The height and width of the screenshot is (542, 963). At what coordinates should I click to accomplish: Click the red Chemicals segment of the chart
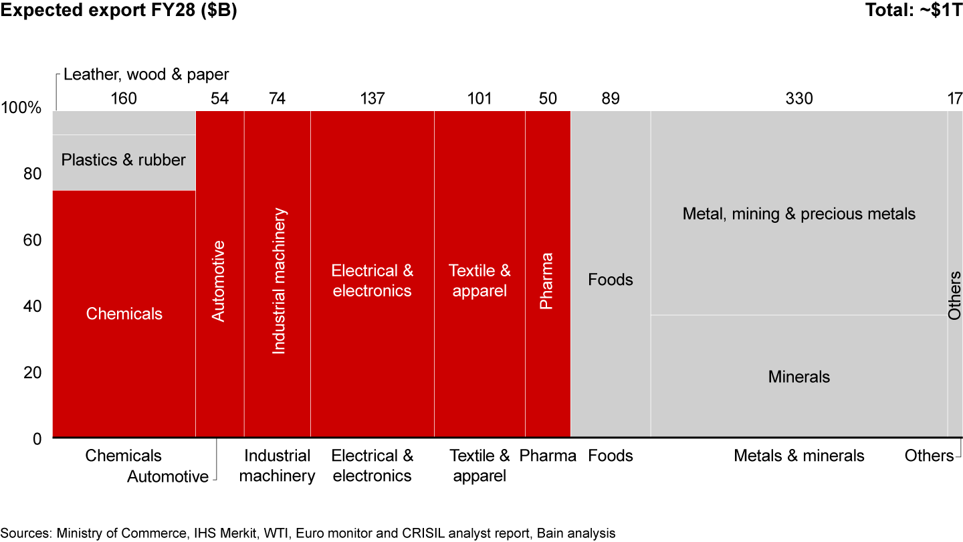[x=124, y=348]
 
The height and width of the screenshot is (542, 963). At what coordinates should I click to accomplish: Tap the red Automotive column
[x=219, y=361]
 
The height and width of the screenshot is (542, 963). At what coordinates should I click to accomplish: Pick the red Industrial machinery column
[x=277, y=388]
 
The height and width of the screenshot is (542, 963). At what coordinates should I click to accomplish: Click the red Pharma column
[x=547, y=361]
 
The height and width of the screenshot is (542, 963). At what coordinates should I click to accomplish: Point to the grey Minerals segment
[x=798, y=401]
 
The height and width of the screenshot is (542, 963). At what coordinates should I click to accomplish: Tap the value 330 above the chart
[x=799, y=99]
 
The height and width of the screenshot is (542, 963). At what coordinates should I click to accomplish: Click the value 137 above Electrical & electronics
[x=372, y=99]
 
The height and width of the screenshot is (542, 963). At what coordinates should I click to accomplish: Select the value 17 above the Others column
[x=954, y=99]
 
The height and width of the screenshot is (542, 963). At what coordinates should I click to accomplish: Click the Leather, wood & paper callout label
[x=146, y=74]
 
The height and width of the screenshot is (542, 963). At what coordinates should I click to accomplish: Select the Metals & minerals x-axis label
[x=798, y=456]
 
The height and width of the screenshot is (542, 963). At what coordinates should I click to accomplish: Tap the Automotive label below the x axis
[x=168, y=476]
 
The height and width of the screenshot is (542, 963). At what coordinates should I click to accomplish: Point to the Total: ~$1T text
[x=914, y=11]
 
